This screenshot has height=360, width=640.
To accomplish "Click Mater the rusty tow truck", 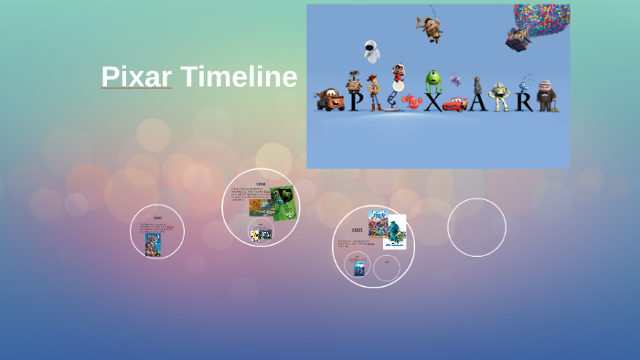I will click(329, 100).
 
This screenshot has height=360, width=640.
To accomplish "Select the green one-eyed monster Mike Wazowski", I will click(432, 83).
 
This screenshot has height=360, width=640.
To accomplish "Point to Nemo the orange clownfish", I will click(412, 100).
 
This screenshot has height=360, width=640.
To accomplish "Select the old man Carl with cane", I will click(546, 94).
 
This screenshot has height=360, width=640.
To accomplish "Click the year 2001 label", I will click(357, 229).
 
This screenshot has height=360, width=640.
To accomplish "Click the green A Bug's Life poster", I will click(284, 203).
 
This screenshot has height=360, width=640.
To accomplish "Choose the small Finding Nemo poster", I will click(360, 267).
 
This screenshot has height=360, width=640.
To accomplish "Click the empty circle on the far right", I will click(476, 228).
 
